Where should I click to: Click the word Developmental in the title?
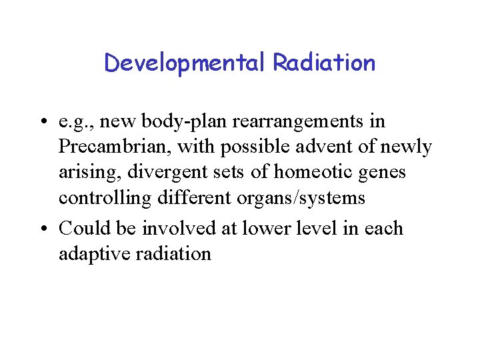coord(185,63)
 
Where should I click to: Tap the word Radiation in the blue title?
coord(324,63)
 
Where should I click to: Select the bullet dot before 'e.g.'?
coord(42,123)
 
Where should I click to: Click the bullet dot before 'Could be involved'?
coord(42,229)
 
